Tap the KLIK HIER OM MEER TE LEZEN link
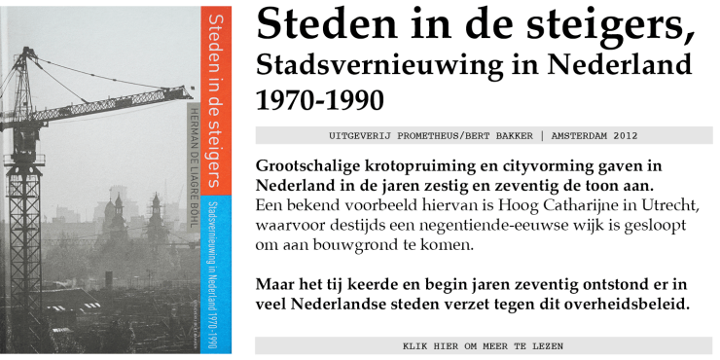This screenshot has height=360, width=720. tap(483, 345)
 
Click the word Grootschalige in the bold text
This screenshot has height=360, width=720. tap(312, 164)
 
